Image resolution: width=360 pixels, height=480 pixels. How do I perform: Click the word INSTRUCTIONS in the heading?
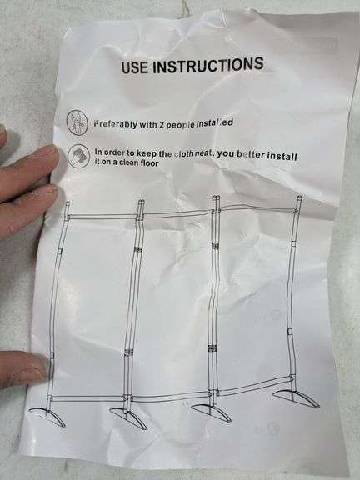pos(208,65)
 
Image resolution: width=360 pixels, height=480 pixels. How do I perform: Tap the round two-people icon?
pos(77,122)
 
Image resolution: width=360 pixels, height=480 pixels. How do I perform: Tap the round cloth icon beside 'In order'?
pos(78,156)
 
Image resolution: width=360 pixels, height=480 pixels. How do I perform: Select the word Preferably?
pos(115,124)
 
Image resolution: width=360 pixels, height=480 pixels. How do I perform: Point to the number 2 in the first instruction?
pos(161,125)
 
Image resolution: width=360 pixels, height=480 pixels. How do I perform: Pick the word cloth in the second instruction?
pos(183,153)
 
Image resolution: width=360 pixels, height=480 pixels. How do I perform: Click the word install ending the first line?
pos(282,157)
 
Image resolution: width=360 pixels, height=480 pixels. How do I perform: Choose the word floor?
pos(150,162)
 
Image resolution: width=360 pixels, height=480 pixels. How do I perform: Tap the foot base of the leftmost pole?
pos(47,416)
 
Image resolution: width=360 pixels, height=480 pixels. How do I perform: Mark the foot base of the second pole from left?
pos(129,417)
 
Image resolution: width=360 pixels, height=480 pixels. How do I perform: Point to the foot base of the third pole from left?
pos(211,412)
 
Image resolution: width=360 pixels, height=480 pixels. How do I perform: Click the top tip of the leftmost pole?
pos(67,202)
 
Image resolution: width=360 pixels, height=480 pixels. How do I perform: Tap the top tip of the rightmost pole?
pos(300,197)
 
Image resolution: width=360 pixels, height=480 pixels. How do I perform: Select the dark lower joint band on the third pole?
pos(212,348)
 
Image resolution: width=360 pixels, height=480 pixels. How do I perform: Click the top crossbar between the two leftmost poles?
pos(102,217)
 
